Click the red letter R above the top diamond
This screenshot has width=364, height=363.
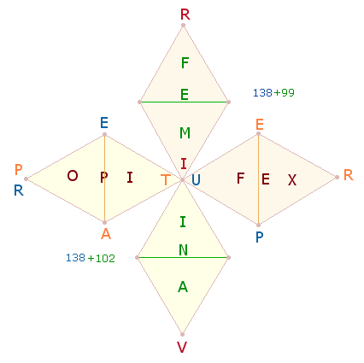tap(185, 15)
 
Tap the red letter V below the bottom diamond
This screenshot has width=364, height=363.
tap(182, 347)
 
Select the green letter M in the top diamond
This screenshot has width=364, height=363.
tap(185, 133)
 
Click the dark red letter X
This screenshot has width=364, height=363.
tap(292, 180)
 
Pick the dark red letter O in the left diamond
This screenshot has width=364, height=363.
tap(73, 176)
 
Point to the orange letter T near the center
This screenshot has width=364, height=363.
tap(166, 180)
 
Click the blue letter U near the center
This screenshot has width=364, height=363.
tap(196, 180)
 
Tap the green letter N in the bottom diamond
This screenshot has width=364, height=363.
tap(184, 250)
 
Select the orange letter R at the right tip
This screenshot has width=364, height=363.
tap(349, 175)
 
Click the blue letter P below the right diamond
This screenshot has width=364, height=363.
tap(259, 237)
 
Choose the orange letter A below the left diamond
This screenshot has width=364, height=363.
tap(106, 234)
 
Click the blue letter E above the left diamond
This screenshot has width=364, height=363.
tap(104, 123)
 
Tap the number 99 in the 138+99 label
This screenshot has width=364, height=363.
tap(287, 93)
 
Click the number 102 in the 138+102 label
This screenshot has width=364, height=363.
tap(105, 259)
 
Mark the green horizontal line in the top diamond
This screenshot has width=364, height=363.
tap(184, 102)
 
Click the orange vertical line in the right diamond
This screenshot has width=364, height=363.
tap(258, 179)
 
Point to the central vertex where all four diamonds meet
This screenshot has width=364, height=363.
tap(182, 179)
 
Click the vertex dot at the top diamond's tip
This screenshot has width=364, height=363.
tap(183, 26)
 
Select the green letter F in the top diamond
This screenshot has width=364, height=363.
tap(185, 63)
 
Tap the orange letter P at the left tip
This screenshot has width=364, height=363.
tap(18, 170)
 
